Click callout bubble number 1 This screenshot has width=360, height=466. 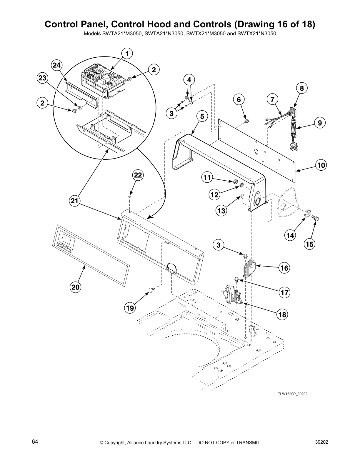[127, 54]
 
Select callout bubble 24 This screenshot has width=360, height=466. [56, 66]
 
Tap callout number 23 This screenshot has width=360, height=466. [42, 78]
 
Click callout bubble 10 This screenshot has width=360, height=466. [321, 165]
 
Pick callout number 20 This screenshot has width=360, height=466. [76, 287]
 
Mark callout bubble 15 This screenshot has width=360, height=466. [310, 244]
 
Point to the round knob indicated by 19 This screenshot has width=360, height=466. [151, 291]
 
